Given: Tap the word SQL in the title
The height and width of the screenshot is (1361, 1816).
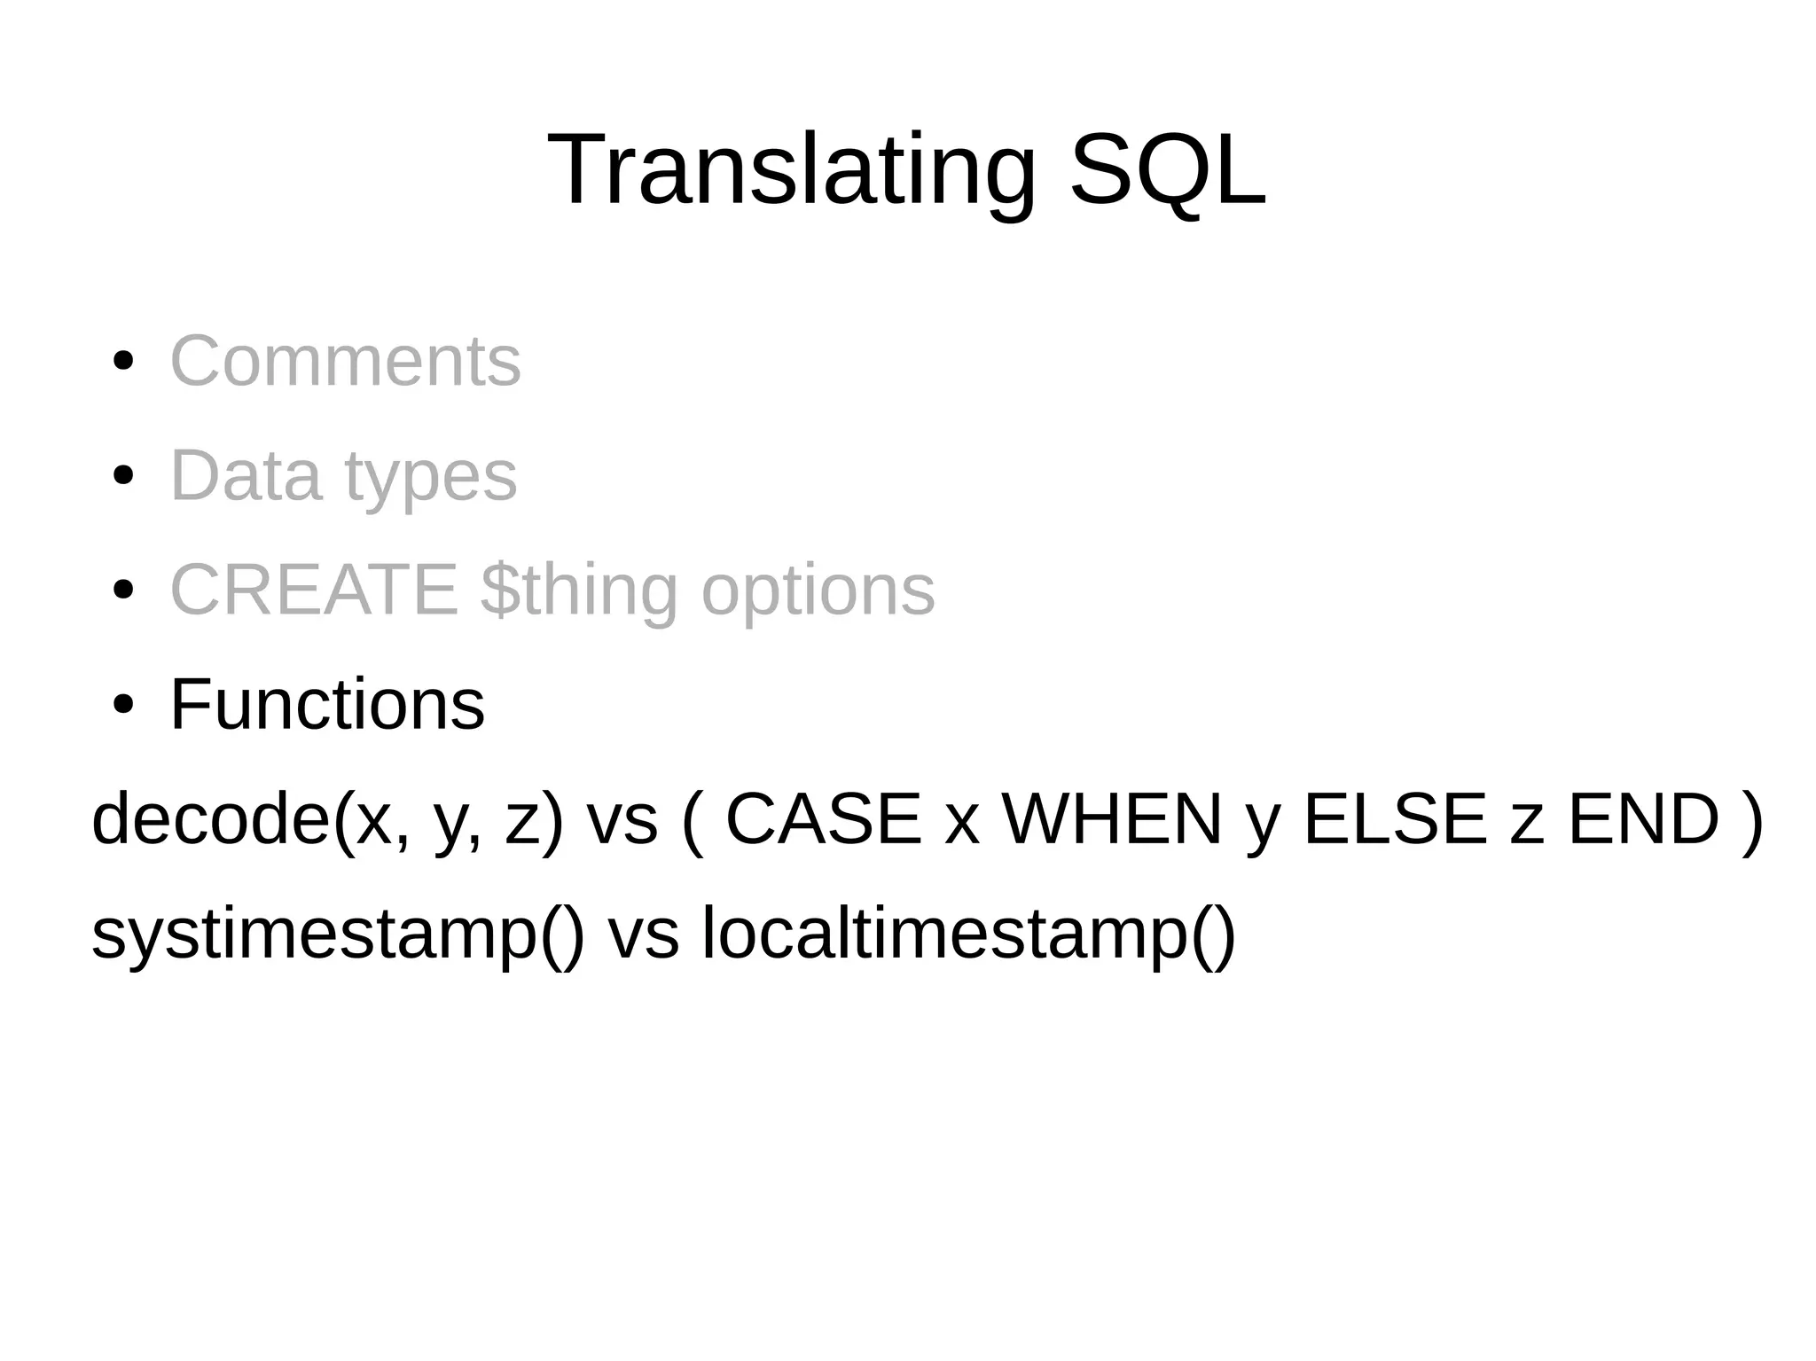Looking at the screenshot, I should pyautogui.click(x=1168, y=169).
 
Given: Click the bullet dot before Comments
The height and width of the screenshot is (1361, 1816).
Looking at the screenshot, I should pyautogui.click(x=124, y=362).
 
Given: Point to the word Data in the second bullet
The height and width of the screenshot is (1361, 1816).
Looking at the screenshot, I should pyautogui.click(x=245, y=475).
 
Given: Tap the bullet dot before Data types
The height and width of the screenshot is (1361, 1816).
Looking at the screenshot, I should pyautogui.click(x=124, y=476).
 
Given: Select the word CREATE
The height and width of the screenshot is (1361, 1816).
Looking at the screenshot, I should pyautogui.click(x=314, y=590).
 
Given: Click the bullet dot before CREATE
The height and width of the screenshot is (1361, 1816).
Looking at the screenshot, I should pyautogui.click(x=124, y=591).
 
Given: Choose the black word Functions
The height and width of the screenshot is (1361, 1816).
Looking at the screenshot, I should pyautogui.click(x=327, y=704).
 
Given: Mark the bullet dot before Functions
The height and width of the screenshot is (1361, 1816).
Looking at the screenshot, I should pyautogui.click(x=124, y=705).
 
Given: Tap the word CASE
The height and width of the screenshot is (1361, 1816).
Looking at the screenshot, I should pyautogui.click(x=823, y=818).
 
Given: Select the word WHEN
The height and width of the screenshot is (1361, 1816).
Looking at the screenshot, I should pyautogui.click(x=1112, y=818).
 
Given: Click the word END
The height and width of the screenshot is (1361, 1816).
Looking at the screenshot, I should pyautogui.click(x=1643, y=818).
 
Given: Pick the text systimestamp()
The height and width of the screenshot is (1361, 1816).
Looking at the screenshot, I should pyautogui.click(x=338, y=934).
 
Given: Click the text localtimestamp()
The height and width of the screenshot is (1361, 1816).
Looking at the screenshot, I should pyautogui.click(x=968, y=934).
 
